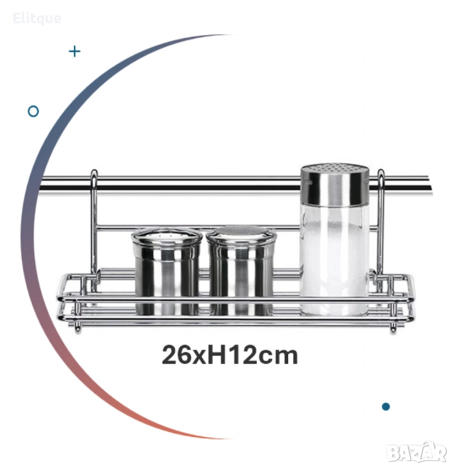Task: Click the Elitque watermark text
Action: click(x=37, y=18)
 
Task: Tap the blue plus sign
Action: click(x=75, y=51)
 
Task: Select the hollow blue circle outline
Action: click(x=33, y=111)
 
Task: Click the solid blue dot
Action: click(x=385, y=407)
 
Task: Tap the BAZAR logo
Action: click(x=417, y=452)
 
